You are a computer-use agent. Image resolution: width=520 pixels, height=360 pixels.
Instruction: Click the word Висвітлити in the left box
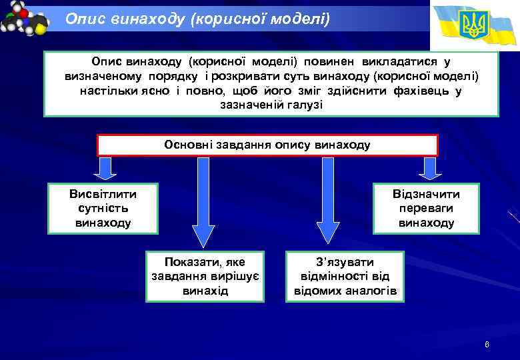pyautogui.click(x=103, y=194)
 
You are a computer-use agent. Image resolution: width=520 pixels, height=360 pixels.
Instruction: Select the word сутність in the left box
pyautogui.click(x=103, y=209)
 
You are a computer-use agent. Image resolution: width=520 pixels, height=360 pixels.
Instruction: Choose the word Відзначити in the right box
pyautogui.click(x=426, y=194)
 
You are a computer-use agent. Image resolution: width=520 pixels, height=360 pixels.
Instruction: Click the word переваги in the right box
pyautogui.click(x=426, y=209)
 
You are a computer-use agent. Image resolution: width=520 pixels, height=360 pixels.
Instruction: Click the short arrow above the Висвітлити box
pyautogui.click(x=105, y=169)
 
